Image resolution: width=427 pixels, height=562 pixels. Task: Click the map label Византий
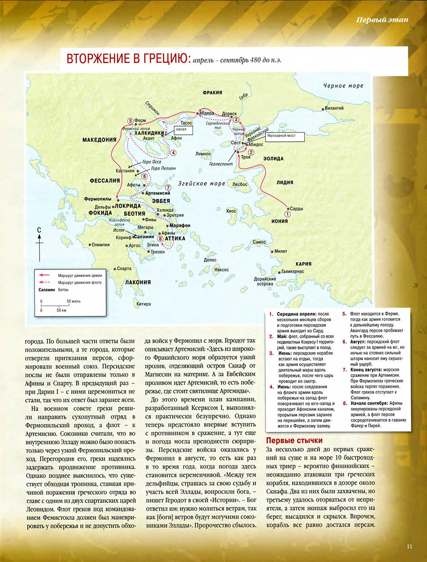tap(334, 108)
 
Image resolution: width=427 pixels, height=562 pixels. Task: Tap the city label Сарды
tap(296, 209)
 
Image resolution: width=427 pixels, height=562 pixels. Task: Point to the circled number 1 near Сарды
tap(287, 213)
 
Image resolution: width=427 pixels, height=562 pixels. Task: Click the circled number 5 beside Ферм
tap(130, 121)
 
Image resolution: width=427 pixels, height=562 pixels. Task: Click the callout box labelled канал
tap(181, 129)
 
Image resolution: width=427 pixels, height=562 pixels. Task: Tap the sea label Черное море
tap(343, 86)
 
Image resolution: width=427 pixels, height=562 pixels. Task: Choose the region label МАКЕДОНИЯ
tap(99, 140)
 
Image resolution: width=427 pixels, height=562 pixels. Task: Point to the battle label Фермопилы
tap(98, 199)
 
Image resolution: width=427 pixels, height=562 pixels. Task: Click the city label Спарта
tap(124, 269)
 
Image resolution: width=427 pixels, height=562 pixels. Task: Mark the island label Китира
tap(143, 304)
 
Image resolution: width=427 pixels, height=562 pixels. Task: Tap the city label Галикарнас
tap(292, 272)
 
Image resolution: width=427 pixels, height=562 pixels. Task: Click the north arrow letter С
tap(39, 230)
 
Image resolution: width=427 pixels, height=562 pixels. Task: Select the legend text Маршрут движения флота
tap(80, 283)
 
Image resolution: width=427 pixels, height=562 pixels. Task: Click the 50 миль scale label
tap(73, 301)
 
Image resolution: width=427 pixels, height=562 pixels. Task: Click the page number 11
tap(409, 546)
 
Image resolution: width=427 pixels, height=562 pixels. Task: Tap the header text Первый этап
tap(382, 20)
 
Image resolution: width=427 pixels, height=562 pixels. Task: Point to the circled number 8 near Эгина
tap(160, 239)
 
